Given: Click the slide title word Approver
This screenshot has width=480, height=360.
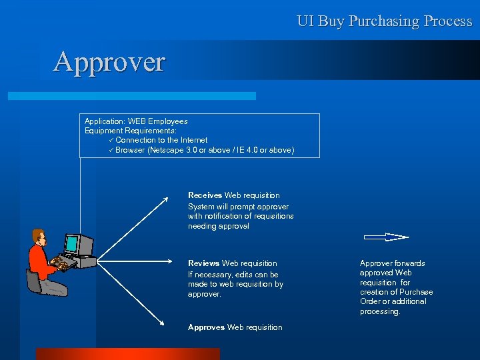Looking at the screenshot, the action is pyautogui.click(x=109, y=62).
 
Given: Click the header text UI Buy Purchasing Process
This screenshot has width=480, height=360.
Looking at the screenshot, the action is pyautogui.click(x=384, y=21).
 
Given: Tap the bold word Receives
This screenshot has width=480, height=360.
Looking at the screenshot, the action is pyautogui.click(x=205, y=195).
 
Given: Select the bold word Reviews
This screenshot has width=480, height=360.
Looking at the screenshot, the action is pyautogui.click(x=204, y=263).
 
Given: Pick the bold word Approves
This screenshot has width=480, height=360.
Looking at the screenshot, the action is pyautogui.click(x=206, y=327).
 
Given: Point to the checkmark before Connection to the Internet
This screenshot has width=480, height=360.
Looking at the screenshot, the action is pyautogui.click(x=111, y=140).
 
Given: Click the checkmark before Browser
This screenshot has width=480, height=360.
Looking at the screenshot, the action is pyautogui.click(x=111, y=150).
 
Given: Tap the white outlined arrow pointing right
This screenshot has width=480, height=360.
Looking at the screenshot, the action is pyautogui.click(x=386, y=237).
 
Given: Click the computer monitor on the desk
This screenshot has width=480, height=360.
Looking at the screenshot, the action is pyautogui.click(x=79, y=245).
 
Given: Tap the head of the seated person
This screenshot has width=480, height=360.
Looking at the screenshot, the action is pyautogui.click(x=39, y=237).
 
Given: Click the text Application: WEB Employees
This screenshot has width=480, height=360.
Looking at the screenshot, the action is pyautogui.click(x=136, y=121).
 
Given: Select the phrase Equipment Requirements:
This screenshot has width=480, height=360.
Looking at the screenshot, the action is pyautogui.click(x=130, y=131).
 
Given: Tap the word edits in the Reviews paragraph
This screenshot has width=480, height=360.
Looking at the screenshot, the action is pyautogui.click(x=245, y=275).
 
